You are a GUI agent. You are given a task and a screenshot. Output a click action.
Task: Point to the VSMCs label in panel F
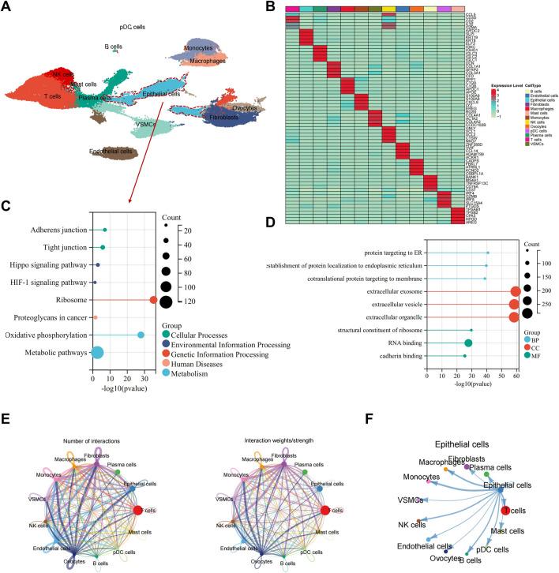click(x=407, y=500)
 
